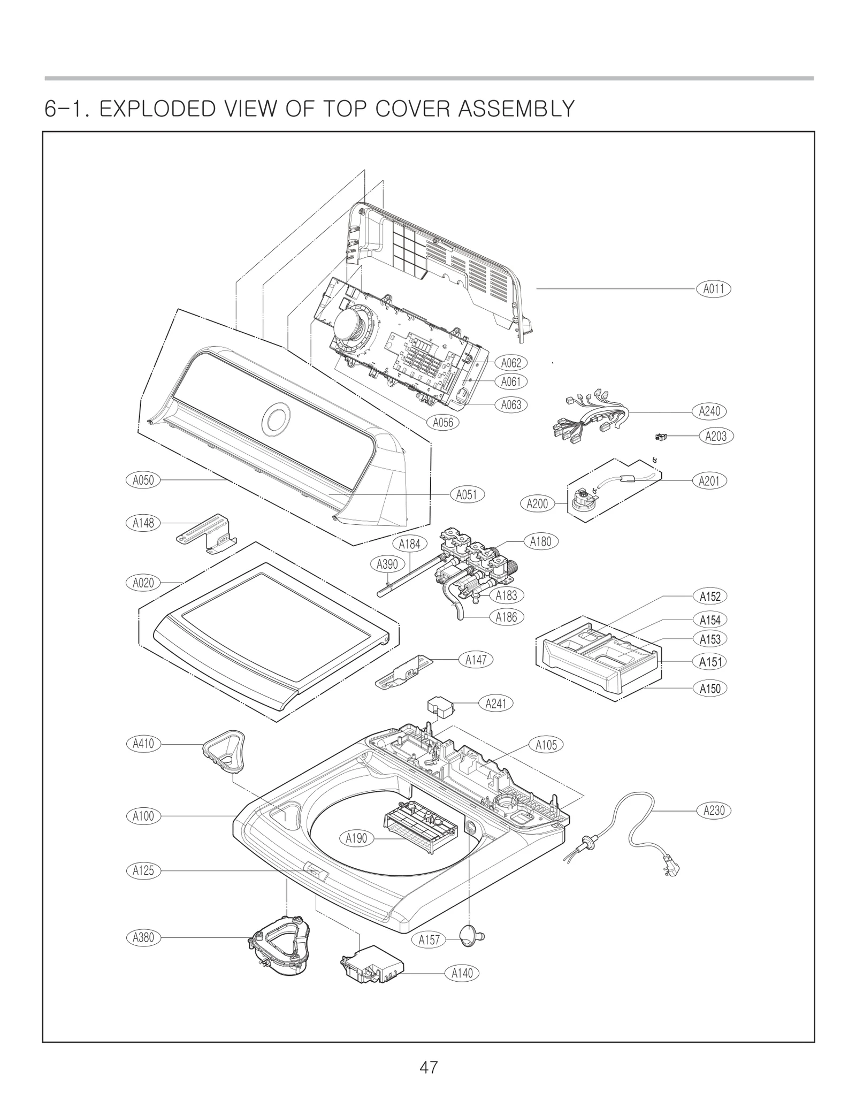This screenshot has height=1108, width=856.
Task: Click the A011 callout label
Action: (x=713, y=289)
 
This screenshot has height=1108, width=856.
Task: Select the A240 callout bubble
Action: (x=709, y=411)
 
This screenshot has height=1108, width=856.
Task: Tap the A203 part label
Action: (x=716, y=436)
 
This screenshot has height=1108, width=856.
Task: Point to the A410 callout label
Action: (x=143, y=744)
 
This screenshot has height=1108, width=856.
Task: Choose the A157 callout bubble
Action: (x=429, y=940)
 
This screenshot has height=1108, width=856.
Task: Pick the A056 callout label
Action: (x=443, y=423)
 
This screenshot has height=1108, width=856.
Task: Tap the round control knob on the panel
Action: (x=351, y=324)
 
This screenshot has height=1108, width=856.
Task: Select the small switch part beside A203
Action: (x=660, y=437)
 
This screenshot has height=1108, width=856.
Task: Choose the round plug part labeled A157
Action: (x=471, y=936)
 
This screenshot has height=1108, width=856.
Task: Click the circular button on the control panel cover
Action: (x=277, y=417)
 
